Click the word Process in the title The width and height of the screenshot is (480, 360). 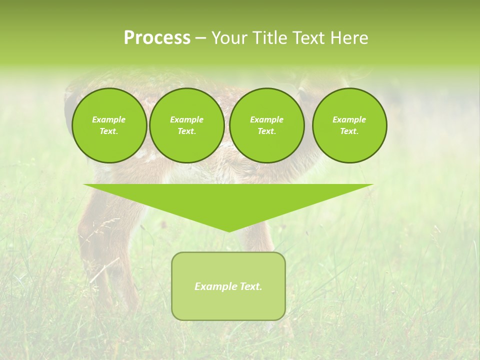[157, 38]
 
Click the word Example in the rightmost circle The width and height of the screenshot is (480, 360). [349, 119]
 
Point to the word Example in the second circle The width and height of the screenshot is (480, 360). [186, 119]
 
